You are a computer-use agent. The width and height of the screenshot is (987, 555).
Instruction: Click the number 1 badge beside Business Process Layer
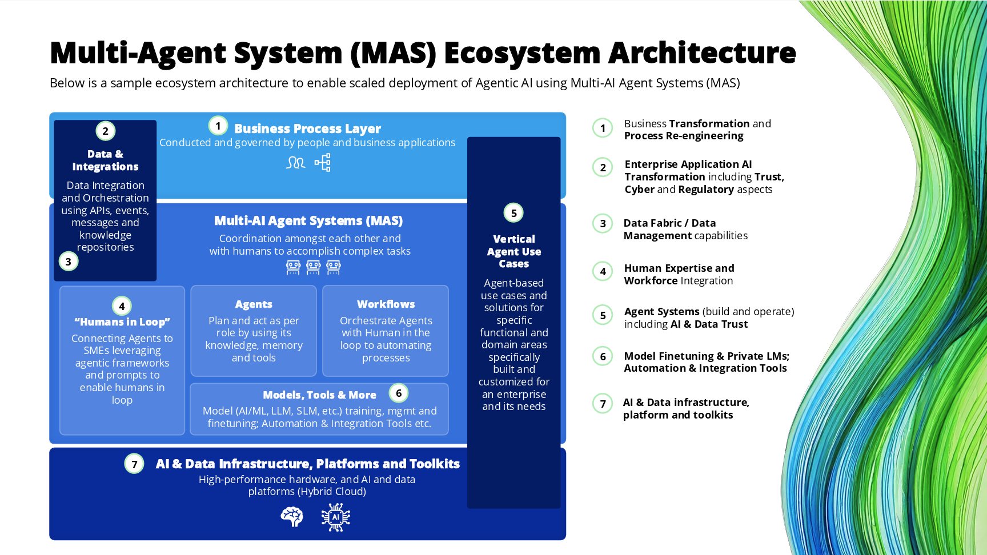[218, 126]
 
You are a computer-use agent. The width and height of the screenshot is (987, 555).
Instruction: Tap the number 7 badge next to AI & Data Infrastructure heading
[134, 464]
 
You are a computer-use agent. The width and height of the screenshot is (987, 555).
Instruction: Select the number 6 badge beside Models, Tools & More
[399, 393]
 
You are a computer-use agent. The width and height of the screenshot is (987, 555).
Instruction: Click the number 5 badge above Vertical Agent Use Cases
[513, 213]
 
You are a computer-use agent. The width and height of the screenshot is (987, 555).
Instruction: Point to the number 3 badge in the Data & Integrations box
[69, 262]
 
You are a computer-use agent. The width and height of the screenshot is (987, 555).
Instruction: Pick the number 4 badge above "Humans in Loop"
[122, 306]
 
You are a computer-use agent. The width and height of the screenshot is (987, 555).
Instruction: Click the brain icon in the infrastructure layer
[292, 517]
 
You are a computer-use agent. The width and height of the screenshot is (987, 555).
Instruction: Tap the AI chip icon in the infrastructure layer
[336, 517]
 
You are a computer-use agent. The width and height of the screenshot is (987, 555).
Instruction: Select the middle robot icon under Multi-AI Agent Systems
[314, 267]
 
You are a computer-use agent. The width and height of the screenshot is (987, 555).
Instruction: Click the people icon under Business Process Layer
[296, 163]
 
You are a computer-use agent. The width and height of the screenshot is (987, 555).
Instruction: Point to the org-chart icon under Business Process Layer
[323, 163]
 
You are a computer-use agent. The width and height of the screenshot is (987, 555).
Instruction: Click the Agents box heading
[254, 304]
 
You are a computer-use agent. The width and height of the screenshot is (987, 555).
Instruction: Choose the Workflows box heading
[386, 304]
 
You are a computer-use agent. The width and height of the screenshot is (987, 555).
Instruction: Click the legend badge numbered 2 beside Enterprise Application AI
[603, 167]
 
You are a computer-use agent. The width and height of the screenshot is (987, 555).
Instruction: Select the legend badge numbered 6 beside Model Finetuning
[603, 357]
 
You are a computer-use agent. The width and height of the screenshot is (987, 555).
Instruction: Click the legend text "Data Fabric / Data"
[669, 223]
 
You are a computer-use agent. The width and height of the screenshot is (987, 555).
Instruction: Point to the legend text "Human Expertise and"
[679, 268]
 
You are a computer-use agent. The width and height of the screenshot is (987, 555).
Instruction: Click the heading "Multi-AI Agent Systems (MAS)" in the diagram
[308, 221]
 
